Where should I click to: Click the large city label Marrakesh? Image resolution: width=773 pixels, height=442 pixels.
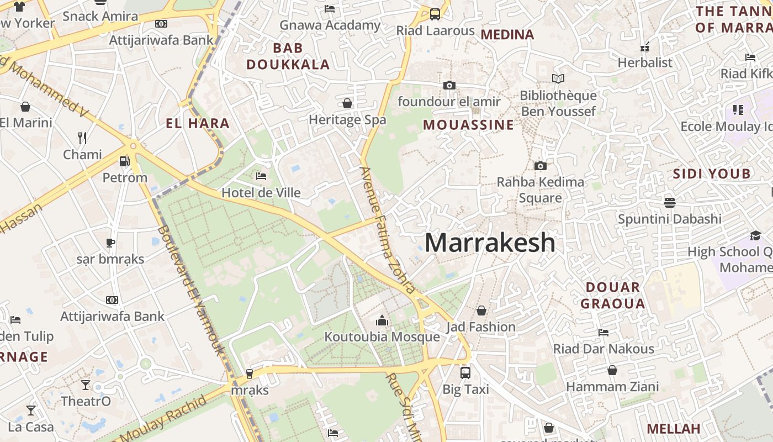(x=490, y=243)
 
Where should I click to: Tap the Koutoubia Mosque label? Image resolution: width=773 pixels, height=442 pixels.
(x=382, y=336)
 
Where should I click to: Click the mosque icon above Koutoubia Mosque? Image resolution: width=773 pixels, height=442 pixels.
(x=382, y=320)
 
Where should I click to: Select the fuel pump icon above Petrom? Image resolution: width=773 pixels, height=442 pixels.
(x=125, y=161)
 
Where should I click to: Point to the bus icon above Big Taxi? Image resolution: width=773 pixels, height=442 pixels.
(x=465, y=372)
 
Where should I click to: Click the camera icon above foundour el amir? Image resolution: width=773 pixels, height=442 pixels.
(x=449, y=85)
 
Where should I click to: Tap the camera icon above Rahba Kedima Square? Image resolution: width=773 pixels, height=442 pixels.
(x=541, y=166)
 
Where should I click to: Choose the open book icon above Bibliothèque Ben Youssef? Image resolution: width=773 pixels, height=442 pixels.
(x=558, y=79)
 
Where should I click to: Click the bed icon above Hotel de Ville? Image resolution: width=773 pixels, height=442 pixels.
(x=261, y=176)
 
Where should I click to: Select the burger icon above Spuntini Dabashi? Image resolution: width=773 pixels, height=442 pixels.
(x=670, y=202)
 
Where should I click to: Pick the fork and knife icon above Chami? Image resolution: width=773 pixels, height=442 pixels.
(x=82, y=138)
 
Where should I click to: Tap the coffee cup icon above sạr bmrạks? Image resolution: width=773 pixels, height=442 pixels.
(x=110, y=243)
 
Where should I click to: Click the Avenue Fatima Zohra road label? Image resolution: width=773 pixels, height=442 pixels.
(x=387, y=230)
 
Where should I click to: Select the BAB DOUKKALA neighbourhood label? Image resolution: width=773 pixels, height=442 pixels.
(x=288, y=56)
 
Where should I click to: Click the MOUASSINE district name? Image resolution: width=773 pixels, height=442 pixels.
(x=469, y=125)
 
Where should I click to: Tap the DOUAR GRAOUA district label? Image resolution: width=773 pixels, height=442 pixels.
(x=613, y=295)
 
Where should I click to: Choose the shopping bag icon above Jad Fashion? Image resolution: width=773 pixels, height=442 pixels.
(x=481, y=311)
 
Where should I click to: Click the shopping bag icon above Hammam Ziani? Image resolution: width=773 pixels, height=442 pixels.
(x=612, y=370)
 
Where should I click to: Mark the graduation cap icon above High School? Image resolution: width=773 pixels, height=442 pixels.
(x=755, y=236)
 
